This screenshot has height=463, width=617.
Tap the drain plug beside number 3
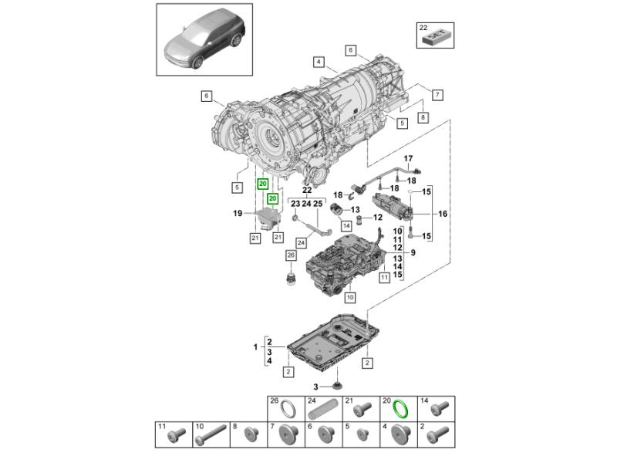coord(338,384)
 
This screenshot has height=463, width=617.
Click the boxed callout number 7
coord(437,95)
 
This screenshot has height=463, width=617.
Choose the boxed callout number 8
coord(423,117)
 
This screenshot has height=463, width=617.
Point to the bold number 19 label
coord(239,213)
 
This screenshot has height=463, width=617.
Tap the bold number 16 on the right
coord(443,214)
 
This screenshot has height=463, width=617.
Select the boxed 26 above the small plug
coord(291,255)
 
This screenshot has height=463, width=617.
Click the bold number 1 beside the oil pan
coord(255,348)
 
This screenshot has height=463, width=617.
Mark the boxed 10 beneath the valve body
coord(349,296)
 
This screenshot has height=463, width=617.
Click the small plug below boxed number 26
coord(292,278)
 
